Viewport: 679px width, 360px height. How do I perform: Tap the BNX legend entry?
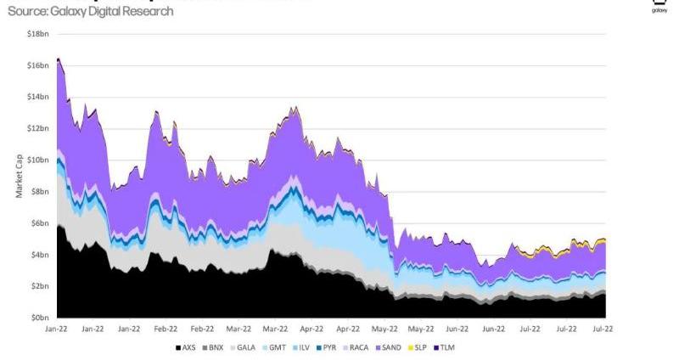(216, 347)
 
